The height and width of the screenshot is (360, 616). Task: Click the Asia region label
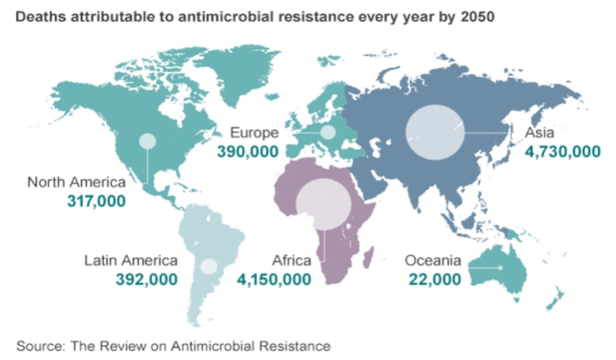pos(539,133)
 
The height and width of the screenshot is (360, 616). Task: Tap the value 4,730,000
pos(562,152)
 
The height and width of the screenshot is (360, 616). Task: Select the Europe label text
pos(254,133)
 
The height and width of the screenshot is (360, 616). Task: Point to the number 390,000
pos(248,152)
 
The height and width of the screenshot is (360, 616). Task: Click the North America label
pos(77,182)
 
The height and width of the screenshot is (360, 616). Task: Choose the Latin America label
pos(131,261)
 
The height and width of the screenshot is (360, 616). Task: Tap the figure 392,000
pos(148,279)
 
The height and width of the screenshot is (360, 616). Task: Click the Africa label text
pos(292,261)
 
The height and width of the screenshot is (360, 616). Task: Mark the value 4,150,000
pos(274,279)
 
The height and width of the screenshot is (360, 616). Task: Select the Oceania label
pos(433,261)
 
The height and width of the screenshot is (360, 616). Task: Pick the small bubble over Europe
pos(328,132)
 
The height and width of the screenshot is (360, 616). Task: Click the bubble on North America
pos(147,142)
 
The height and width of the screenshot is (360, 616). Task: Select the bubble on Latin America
pos(209,267)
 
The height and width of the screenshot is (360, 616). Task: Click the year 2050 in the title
pos(476,16)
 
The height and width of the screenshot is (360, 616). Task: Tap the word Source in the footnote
pos(35,346)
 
